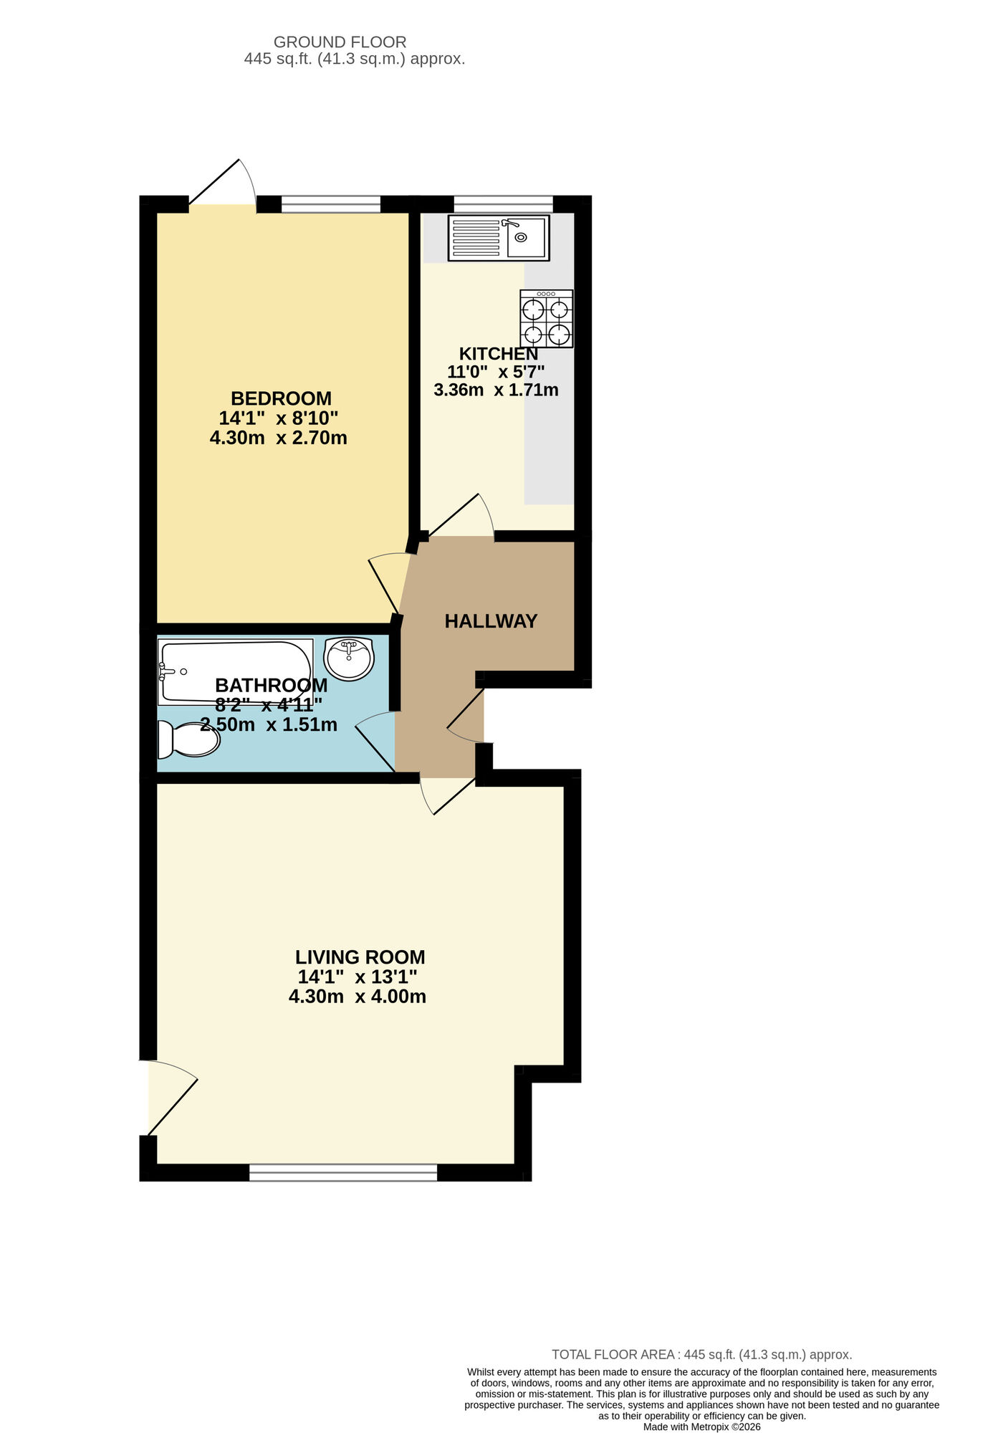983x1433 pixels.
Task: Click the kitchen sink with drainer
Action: [x=499, y=238]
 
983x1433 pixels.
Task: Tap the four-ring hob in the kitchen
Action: [x=547, y=319]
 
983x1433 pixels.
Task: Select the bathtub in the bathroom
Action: [x=235, y=671]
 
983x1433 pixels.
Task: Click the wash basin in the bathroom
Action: [x=349, y=658]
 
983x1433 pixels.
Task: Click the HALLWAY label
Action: [x=491, y=621]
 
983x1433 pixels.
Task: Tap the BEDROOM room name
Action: [x=281, y=398]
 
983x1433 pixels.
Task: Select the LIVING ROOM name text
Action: [x=360, y=957]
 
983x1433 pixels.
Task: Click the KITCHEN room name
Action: [x=498, y=354]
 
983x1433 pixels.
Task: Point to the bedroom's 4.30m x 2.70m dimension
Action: [x=278, y=438]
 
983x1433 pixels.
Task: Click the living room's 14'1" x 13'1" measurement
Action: [x=357, y=977]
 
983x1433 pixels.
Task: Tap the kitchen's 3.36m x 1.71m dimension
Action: [x=496, y=390]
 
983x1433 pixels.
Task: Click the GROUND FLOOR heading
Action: [x=340, y=42]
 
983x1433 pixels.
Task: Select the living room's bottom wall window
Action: [x=343, y=1173]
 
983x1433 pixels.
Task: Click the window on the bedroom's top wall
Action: [x=330, y=204]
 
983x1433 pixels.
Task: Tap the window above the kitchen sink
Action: [x=504, y=204]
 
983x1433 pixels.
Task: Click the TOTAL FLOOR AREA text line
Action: [x=701, y=1355]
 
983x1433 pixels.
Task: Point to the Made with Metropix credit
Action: [x=701, y=1427]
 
